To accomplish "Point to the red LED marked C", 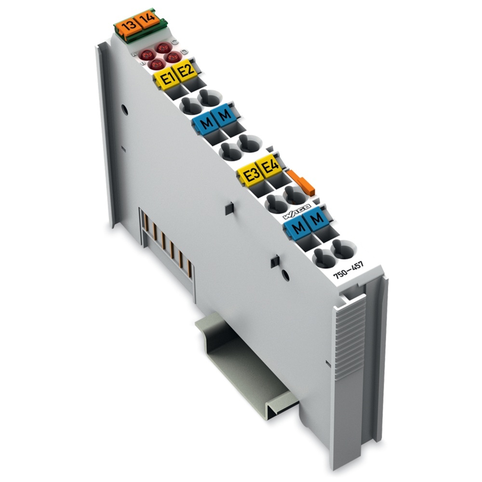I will [163, 47].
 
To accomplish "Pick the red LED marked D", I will [172, 57].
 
